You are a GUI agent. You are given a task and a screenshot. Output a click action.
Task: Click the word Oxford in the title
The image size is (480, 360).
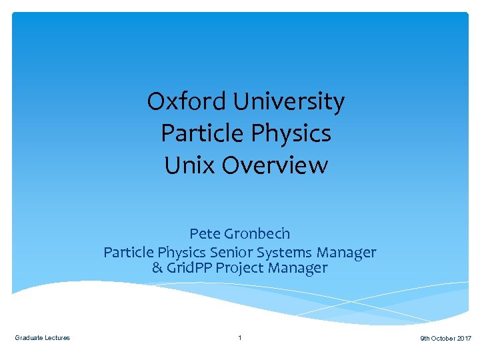[179, 102]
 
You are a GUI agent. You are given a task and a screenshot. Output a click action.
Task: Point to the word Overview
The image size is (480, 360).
[275, 165]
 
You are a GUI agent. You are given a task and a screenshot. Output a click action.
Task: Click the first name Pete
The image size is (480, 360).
[205, 234]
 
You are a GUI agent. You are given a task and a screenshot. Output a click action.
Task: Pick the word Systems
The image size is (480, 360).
[285, 253]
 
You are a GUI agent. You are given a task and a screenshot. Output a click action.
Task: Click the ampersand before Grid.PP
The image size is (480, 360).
[157, 268]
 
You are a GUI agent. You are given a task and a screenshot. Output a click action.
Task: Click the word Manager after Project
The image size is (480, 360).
[297, 268]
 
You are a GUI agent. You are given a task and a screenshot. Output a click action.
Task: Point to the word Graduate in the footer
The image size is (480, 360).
[29, 338]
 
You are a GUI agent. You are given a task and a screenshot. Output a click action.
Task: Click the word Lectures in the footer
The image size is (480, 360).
[57, 338]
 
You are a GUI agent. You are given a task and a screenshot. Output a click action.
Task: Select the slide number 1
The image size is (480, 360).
[240, 338]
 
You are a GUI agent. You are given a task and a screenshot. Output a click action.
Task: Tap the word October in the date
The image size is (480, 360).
[443, 339]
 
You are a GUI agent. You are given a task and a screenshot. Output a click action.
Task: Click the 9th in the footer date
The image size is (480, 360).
[425, 339]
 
